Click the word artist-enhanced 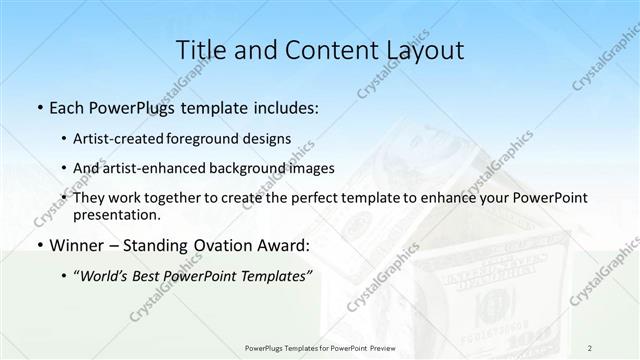[147, 168]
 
